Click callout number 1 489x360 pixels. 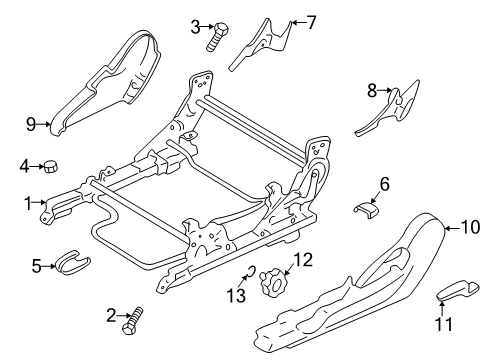28,203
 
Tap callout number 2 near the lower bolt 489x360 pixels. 109,316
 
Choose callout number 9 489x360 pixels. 30,124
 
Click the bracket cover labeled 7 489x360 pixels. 262,43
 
